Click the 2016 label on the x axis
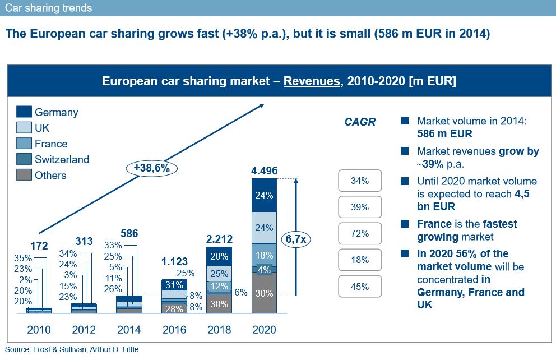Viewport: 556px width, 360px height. coord(174,330)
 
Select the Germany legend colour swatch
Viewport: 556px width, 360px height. coord(24,112)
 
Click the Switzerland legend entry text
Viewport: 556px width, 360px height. coord(62,159)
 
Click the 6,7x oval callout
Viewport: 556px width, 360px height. coord(296,239)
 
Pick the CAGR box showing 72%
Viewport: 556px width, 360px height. coord(360,233)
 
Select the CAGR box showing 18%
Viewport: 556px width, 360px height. coord(360,260)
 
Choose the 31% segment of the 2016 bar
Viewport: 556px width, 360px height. coord(174,285)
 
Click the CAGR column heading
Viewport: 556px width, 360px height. coord(360,122)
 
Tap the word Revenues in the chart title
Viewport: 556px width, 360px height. coord(312,81)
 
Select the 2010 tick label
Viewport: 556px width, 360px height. coord(39,330)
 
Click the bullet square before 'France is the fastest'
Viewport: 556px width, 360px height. coord(405,224)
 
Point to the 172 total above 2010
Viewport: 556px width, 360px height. coord(39,246)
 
